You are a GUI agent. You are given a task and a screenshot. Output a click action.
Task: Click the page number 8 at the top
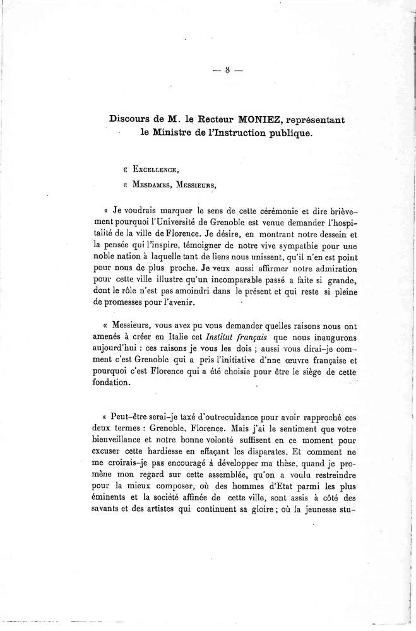pyautogui.click(x=227, y=71)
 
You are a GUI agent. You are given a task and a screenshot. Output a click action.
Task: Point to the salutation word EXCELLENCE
pyautogui.click(x=151, y=170)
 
